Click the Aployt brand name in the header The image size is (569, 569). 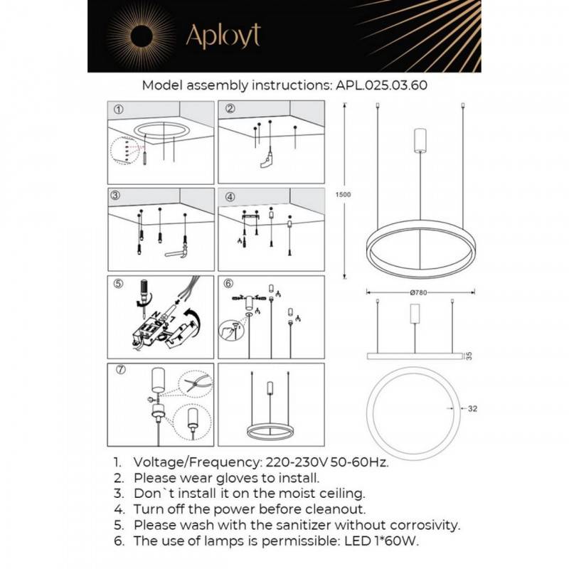click(223, 36)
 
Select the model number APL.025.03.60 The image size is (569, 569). click(381, 85)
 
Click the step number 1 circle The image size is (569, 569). click(118, 110)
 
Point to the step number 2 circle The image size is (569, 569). click(229, 110)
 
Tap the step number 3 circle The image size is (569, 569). click(118, 196)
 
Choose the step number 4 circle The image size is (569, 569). click(229, 196)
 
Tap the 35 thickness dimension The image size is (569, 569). click(469, 355)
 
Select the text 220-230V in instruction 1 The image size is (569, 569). click(290, 462)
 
